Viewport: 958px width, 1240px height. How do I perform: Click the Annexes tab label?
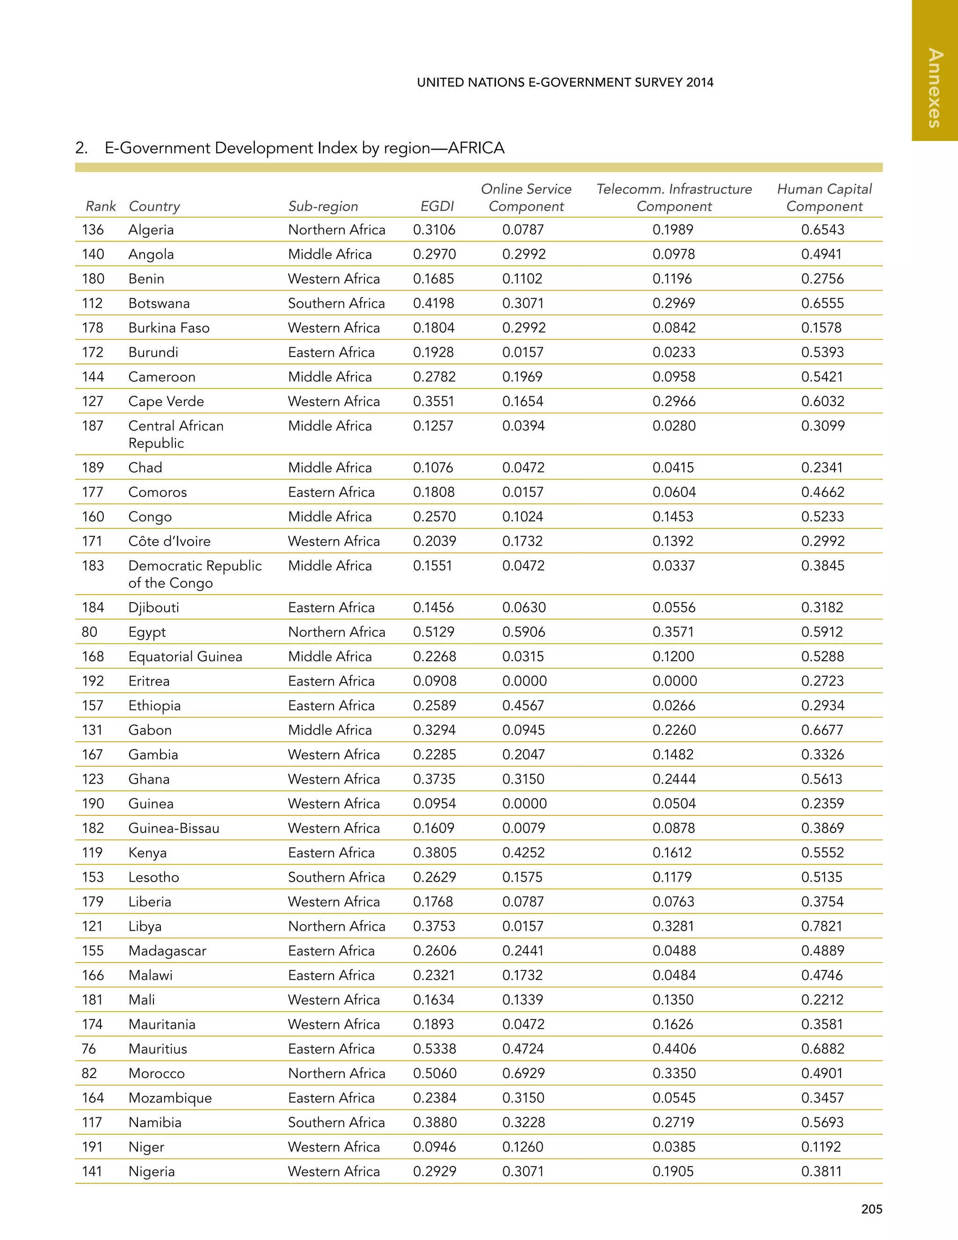click(x=935, y=88)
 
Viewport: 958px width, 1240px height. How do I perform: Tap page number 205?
click(x=871, y=1209)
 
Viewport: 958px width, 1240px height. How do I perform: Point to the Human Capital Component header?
click(x=824, y=197)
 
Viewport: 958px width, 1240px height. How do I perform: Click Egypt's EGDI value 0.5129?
click(x=434, y=632)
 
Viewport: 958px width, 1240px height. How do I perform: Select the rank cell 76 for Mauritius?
click(x=89, y=1049)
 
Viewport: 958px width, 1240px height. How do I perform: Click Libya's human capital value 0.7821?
click(x=822, y=926)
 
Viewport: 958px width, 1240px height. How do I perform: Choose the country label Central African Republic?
click(x=175, y=434)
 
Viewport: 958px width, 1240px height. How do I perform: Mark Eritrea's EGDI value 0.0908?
click(x=434, y=681)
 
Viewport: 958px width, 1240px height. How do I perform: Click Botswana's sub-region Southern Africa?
click(x=336, y=303)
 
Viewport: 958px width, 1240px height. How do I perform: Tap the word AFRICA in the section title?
click(x=476, y=148)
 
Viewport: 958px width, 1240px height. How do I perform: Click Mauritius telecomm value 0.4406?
click(x=674, y=1049)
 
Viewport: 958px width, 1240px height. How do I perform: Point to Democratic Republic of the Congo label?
click(x=195, y=574)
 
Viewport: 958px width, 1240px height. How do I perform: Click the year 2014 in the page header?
click(x=699, y=82)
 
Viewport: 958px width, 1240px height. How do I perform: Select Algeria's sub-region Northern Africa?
click(x=336, y=229)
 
